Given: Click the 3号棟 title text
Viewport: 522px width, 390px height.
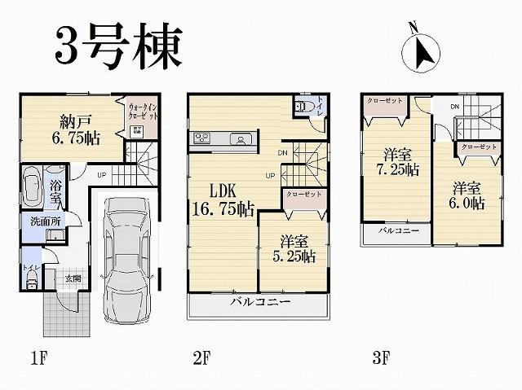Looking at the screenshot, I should tap(117, 46).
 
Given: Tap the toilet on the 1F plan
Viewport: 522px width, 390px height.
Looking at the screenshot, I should tap(32, 277).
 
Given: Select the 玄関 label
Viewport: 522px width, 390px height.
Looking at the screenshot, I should tap(73, 278).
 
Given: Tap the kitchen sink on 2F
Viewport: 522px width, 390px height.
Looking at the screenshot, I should tap(241, 138).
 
